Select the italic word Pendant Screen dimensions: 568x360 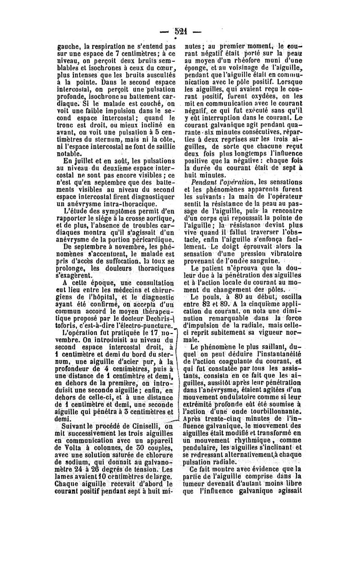click(205, 182)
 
